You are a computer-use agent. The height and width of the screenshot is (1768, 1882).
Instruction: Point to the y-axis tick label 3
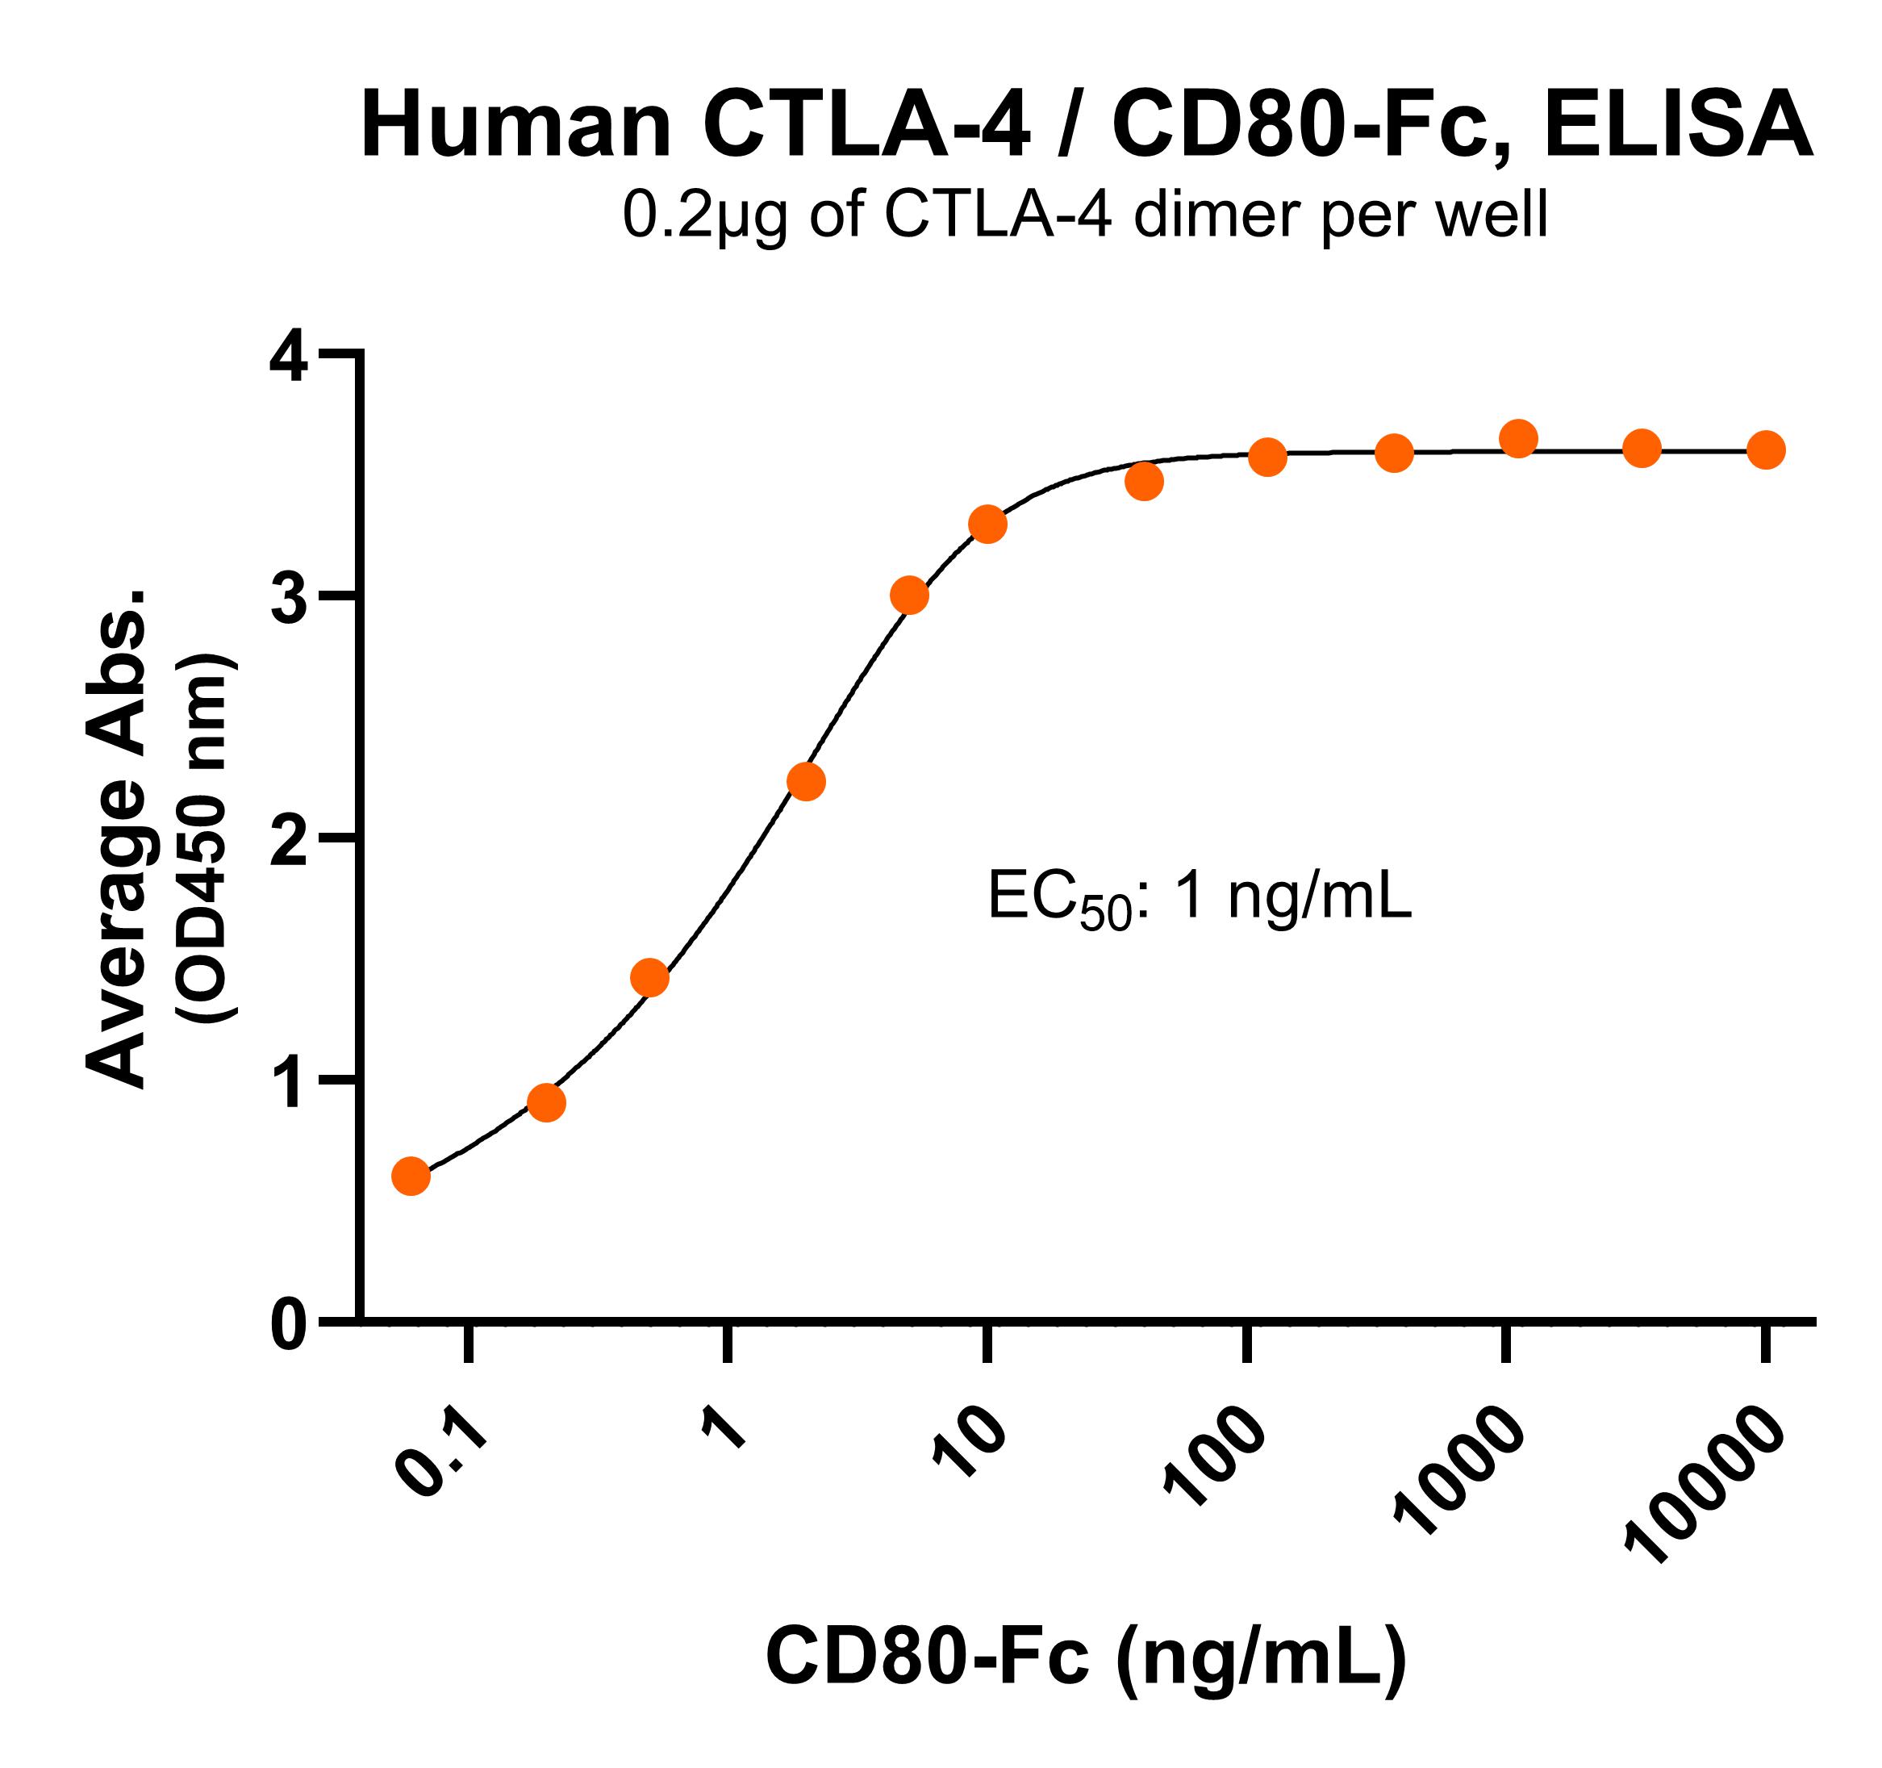(x=288, y=598)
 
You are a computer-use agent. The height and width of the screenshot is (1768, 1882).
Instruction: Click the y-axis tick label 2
(x=288, y=839)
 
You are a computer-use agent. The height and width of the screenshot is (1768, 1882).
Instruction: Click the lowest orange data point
(x=411, y=1177)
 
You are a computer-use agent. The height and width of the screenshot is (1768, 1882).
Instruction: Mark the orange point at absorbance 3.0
(x=909, y=596)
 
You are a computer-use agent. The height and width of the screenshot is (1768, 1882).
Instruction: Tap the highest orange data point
(x=1518, y=438)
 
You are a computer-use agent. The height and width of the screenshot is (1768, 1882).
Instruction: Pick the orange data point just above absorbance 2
(x=806, y=781)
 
